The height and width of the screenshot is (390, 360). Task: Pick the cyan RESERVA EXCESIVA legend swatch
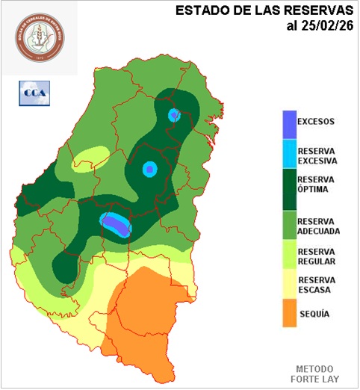(x=288, y=155)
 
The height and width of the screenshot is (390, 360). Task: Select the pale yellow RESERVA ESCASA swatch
(x=288, y=285)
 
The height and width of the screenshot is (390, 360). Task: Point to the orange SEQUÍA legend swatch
(x=288, y=314)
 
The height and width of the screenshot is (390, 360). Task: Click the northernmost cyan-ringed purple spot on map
(x=175, y=114)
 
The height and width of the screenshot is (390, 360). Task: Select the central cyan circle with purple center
(x=149, y=170)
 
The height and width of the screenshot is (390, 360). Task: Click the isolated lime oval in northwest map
(x=90, y=158)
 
